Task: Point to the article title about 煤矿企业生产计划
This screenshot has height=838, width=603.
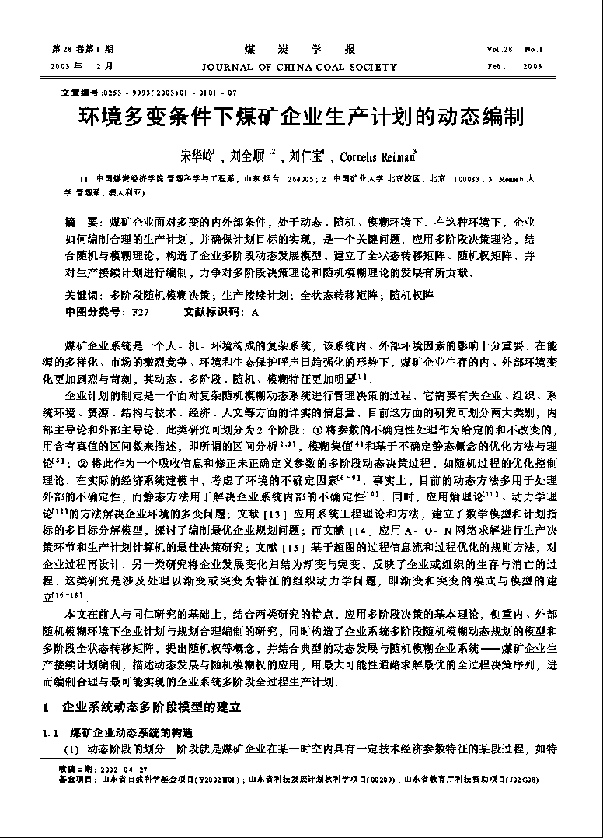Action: point(301,117)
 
